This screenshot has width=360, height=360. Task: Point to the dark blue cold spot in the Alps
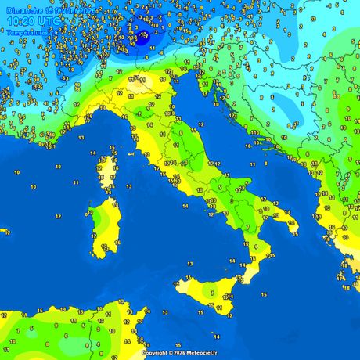[142, 35]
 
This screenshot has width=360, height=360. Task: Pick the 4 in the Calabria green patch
[255, 247]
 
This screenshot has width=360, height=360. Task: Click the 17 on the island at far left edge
[6, 232]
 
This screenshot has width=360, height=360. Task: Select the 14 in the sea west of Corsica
[59, 167]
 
